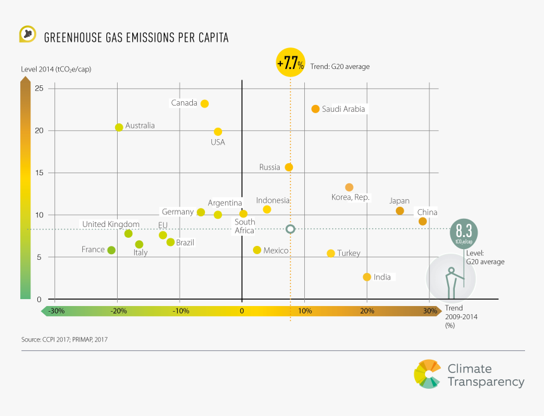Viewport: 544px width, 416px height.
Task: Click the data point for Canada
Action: pos(204,104)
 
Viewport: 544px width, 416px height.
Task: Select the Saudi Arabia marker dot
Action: pos(315,109)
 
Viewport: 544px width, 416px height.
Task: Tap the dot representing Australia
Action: pos(119,127)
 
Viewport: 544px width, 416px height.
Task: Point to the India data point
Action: pos(367,277)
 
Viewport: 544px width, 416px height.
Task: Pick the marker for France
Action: pos(111,250)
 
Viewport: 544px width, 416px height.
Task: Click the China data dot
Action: pos(423,221)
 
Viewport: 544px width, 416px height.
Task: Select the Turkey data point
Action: pos(331,253)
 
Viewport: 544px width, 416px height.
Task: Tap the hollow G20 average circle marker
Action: pos(290,229)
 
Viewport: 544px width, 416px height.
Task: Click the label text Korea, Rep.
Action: pos(350,197)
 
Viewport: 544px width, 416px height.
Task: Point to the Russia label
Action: pos(269,168)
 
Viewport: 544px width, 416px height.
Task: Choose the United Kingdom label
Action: pos(111,224)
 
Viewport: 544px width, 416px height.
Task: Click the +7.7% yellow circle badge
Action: pos(290,64)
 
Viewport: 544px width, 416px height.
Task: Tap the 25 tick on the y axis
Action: pos(39,89)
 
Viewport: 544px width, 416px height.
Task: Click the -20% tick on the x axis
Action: pos(118,311)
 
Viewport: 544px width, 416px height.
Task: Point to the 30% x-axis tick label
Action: pos(430,311)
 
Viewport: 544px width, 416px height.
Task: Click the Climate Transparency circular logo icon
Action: pos(426,374)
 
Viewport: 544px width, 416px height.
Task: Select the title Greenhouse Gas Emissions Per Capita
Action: pos(136,38)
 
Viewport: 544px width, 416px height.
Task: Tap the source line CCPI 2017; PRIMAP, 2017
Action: pos(65,340)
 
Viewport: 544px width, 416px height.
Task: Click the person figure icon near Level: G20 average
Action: pos(450,279)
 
